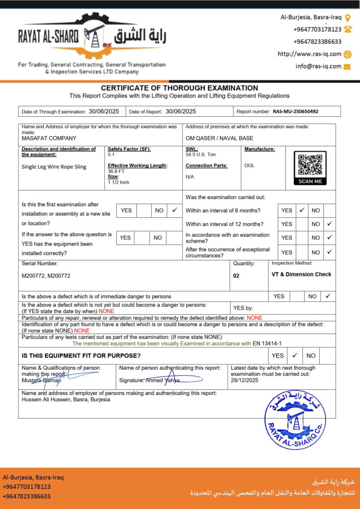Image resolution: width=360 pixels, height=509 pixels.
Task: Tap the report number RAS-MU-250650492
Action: [x=295, y=112]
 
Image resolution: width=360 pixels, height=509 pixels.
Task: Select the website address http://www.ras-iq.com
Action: [x=309, y=54]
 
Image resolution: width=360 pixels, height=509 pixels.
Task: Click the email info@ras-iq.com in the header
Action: [x=318, y=66]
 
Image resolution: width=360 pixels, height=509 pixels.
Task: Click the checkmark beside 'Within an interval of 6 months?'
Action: [x=301, y=210]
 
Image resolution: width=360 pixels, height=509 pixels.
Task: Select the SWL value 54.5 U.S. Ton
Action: [x=201, y=155]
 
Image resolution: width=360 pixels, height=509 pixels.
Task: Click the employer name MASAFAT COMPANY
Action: [x=49, y=138]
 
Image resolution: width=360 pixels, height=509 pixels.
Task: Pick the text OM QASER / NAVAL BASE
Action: [x=219, y=138]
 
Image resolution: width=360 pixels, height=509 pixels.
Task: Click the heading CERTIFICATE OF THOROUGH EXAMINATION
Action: [x=180, y=88]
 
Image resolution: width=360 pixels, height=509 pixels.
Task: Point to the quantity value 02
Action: [x=236, y=275]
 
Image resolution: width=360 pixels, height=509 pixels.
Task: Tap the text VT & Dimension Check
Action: [x=301, y=274]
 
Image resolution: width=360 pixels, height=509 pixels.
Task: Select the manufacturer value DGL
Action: [x=249, y=165]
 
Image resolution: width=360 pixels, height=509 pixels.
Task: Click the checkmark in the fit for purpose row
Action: [x=294, y=355]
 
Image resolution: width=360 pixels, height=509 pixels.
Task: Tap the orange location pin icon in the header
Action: [x=348, y=17]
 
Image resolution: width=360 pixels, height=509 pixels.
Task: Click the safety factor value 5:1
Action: [x=112, y=155]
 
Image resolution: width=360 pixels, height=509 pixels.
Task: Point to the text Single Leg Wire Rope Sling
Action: [x=54, y=167]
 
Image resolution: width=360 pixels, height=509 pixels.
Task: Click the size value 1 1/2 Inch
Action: [x=118, y=182]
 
